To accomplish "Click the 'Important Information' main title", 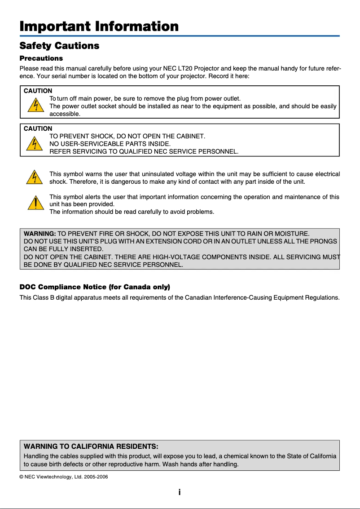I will point(99,26).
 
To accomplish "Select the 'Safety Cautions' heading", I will point(59,46).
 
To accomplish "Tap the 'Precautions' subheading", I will point(41,58).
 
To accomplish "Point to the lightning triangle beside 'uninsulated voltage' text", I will point(32,177).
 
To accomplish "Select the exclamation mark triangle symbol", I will point(32,204).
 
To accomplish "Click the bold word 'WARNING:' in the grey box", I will point(40,235).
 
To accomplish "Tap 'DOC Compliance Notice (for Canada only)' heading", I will point(95,287).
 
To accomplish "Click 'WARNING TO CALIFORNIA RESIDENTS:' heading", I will point(91,447).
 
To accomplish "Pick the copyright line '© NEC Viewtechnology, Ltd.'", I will point(64,477).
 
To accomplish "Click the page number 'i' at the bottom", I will point(180,492).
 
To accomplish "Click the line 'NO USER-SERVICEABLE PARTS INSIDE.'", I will point(110,144).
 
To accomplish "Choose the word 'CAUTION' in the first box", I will point(38,91).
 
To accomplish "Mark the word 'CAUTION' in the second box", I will point(38,129).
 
